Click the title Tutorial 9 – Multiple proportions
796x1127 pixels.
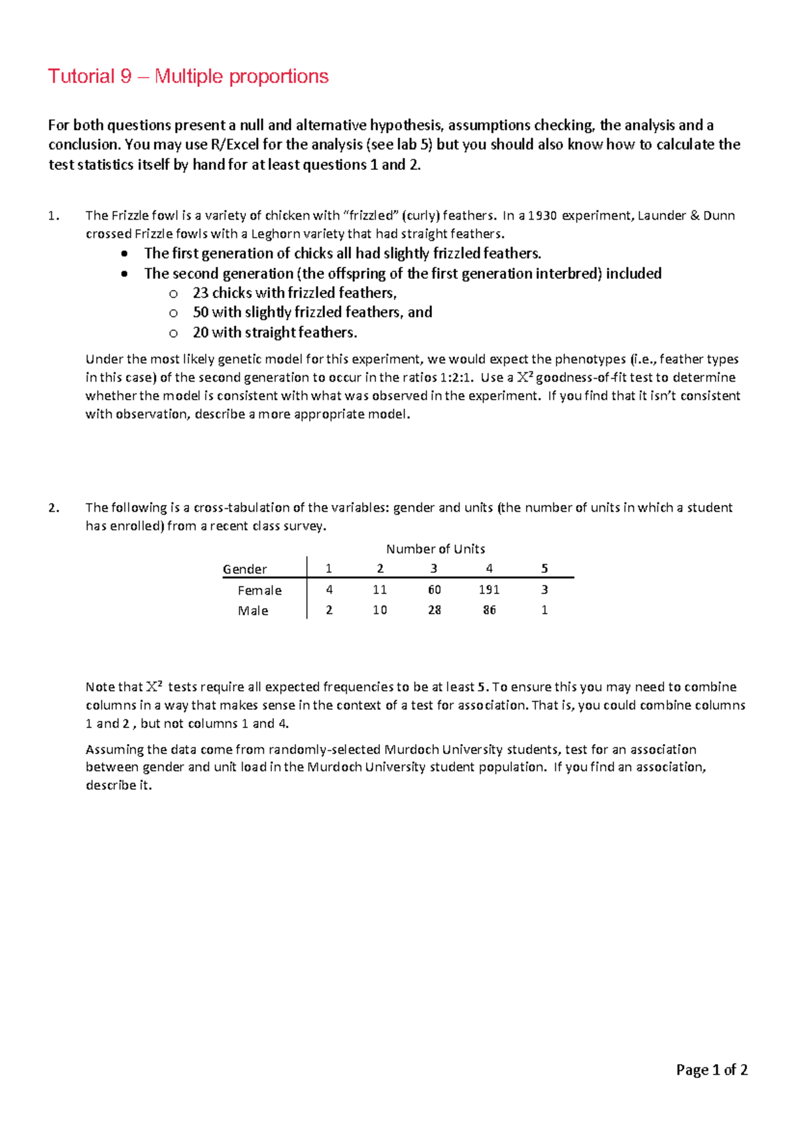point(188,76)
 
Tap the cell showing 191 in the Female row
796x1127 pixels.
point(489,589)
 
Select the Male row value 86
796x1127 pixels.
point(489,610)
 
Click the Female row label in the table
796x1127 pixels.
point(259,590)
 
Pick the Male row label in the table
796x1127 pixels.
point(253,611)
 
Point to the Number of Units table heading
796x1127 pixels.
point(435,549)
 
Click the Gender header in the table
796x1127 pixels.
point(245,569)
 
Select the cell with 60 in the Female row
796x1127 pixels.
point(434,589)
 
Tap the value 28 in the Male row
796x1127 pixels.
point(434,610)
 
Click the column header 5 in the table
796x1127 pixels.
point(545,568)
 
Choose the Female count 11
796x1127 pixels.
point(379,589)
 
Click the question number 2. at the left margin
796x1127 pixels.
point(54,508)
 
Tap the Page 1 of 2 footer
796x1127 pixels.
point(712,1069)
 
